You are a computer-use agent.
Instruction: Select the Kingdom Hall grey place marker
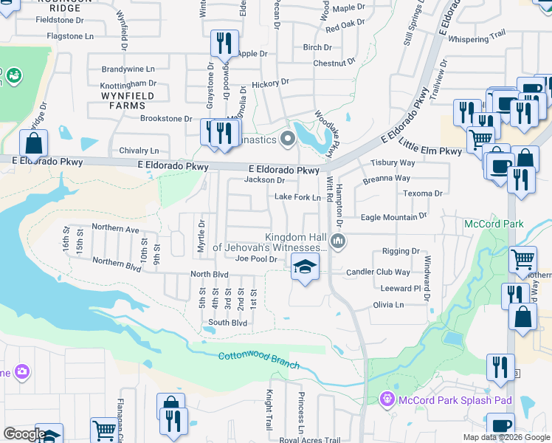(338, 241)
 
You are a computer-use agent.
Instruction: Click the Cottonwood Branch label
(258, 361)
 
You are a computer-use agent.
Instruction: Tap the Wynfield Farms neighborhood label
(128, 100)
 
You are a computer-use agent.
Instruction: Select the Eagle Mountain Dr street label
(394, 217)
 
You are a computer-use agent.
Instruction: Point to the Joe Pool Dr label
(255, 259)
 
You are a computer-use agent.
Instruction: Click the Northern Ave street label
(116, 230)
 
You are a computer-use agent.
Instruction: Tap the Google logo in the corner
(24, 434)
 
